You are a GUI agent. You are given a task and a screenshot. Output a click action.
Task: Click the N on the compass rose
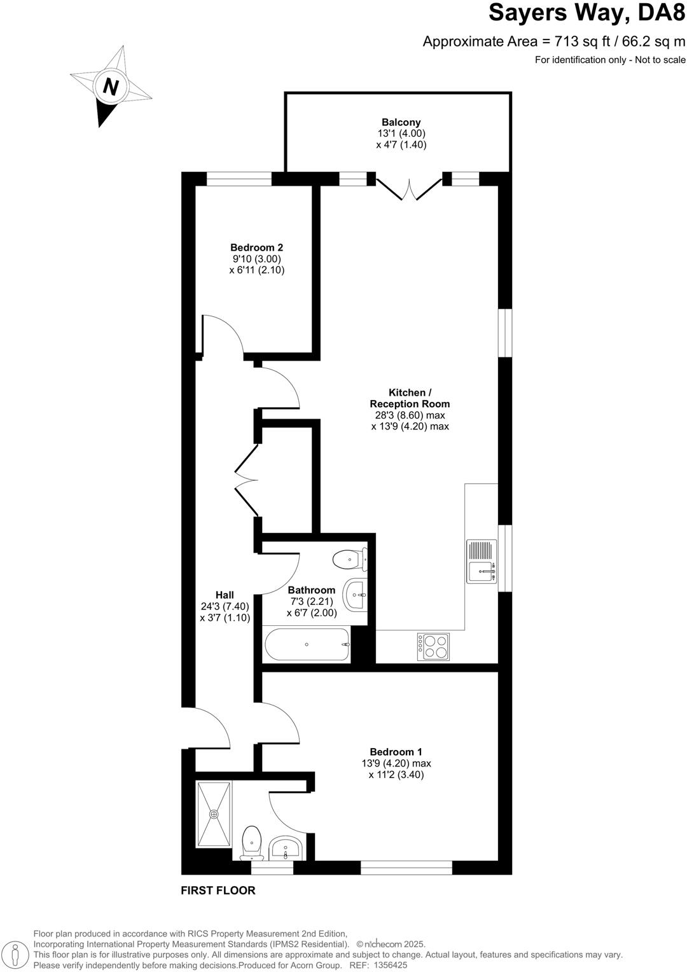pos(111,87)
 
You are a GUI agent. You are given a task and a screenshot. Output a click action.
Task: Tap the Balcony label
pos(401,122)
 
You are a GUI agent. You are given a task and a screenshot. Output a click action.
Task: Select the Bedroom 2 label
pos(256,247)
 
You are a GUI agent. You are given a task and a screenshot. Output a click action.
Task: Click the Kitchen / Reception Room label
pos(410,398)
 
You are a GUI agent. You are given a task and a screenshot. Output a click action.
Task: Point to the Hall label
pos(225,595)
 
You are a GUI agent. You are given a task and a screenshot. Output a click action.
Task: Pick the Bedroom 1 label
pos(396,751)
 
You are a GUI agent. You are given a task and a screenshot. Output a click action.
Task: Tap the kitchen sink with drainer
pos(482,561)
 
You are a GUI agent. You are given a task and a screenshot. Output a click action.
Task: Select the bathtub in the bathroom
pos(307,645)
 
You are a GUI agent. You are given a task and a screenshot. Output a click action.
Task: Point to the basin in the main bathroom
pos(354,595)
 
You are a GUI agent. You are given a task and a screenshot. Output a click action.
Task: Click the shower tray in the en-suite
pos(214,814)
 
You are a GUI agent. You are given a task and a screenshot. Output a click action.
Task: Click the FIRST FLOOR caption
pos(218,891)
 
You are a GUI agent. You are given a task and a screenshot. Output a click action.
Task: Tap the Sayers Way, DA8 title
pos(587,13)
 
